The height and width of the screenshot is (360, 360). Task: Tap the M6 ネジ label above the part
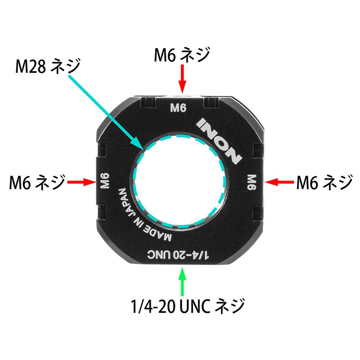pyautogui.click(x=182, y=56)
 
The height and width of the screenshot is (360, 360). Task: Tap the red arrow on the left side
pyautogui.click(x=81, y=182)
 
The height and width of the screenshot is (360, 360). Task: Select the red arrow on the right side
pyautogui.click(x=279, y=182)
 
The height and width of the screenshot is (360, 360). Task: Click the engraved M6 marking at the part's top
pyautogui.click(x=180, y=108)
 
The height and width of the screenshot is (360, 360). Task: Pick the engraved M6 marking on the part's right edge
pyautogui.click(x=252, y=182)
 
